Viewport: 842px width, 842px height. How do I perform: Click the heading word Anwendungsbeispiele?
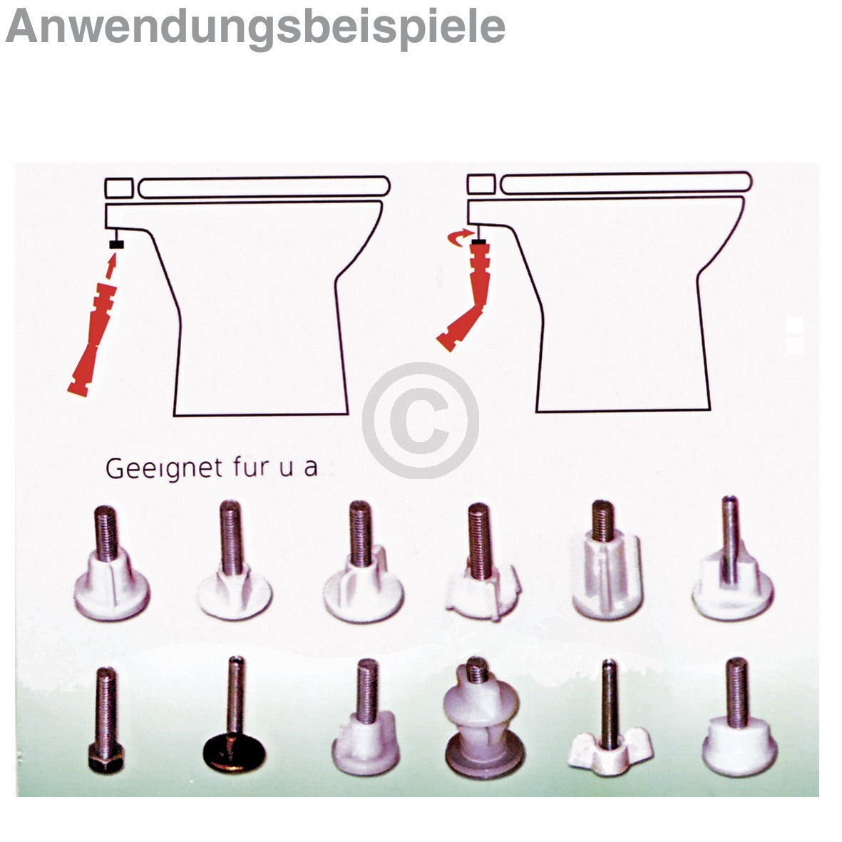point(255,28)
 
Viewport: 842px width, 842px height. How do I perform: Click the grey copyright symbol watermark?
point(421,421)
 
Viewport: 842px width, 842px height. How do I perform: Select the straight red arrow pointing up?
point(111,266)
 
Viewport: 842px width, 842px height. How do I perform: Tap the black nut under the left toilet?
point(116,245)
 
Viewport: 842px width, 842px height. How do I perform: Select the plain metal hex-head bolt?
point(106,720)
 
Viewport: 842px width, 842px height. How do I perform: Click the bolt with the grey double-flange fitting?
point(483,717)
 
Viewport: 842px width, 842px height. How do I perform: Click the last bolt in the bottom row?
point(739,717)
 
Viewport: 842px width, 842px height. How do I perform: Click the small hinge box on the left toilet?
point(118,188)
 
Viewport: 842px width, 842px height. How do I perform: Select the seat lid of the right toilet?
point(626,183)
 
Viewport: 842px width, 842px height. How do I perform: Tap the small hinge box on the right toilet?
point(481,184)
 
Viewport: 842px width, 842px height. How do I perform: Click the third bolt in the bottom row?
point(365,717)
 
